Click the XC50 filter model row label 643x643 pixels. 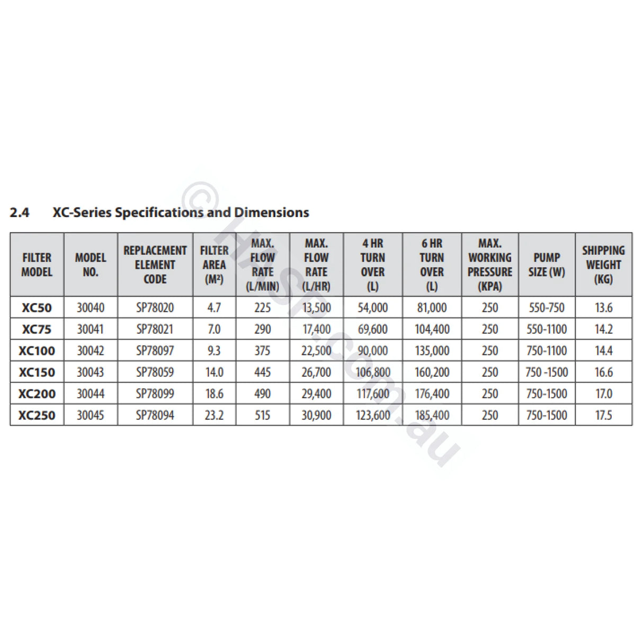[x=37, y=308]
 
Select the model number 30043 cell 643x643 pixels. [x=91, y=372]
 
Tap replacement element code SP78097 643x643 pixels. [x=155, y=351]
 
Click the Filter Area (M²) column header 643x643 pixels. [x=214, y=264]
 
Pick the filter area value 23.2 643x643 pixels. [x=214, y=415]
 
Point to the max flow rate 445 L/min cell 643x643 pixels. [x=262, y=372]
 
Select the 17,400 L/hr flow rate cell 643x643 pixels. [x=316, y=329]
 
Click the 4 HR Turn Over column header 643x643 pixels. [x=373, y=264]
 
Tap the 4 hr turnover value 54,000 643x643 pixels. [x=373, y=308]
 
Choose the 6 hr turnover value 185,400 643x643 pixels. [x=432, y=415]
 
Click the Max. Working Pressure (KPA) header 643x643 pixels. [x=490, y=264]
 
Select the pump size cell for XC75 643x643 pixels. [x=547, y=329]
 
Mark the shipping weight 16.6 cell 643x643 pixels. [x=603, y=372]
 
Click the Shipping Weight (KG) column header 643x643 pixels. [x=603, y=264]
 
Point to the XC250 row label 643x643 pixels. [x=37, y=415]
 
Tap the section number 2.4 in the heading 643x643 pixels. [x=20, y=213]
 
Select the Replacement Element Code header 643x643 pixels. [x=155, y=264]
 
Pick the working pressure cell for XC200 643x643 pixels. [x=490, y=394]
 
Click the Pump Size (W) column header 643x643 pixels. [x=547, y=264]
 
